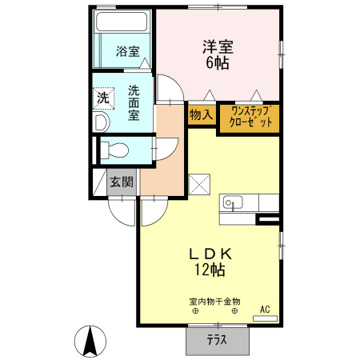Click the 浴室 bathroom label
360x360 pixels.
click(127, 53)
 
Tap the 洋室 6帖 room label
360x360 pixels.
click(218, 54)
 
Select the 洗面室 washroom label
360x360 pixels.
click(133, 102)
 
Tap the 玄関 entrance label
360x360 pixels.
click(122, 182)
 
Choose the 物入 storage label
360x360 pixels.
click(201, 115)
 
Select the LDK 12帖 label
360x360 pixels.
click(210, 262)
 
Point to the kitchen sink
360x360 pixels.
click(234, 202)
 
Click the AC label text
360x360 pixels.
click(265, 308)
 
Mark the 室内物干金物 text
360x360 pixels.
click(214, 301)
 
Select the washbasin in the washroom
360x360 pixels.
click(101, 122)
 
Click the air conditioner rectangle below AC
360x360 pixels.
click(266, 318)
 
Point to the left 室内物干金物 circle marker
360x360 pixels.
click(196, 312)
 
